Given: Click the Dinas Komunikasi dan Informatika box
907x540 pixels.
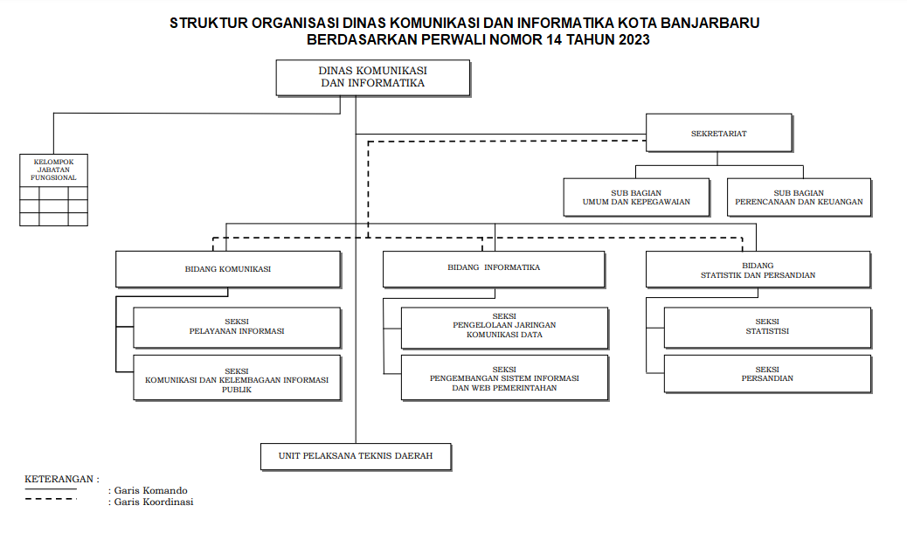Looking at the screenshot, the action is pos(372,78).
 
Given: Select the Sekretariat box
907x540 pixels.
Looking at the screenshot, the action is pos(718,133).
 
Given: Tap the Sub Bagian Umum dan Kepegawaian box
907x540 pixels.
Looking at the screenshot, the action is pos(636,197).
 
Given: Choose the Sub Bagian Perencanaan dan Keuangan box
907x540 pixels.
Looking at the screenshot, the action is pos(799,197).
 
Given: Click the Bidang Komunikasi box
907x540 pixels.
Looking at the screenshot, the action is pos(228,269).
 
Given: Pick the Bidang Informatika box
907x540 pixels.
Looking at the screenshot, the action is pos(494,269).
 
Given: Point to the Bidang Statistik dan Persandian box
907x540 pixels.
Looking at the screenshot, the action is pos(758,269).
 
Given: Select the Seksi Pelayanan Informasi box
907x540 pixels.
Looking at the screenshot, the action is pos(237,328).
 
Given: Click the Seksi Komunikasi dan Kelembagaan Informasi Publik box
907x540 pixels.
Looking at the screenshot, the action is pos(237,377).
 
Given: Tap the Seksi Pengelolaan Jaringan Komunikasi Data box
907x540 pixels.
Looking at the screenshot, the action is pos(504,328).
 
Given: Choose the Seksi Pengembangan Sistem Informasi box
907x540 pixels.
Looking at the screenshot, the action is pos(504,377).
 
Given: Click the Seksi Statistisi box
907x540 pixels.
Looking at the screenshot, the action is pos(767,328).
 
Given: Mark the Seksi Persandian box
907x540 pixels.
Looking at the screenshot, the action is pos(767,373).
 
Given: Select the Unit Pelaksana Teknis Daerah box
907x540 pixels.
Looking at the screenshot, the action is pos(356,456).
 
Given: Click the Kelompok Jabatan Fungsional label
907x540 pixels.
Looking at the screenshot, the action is pos(54,170).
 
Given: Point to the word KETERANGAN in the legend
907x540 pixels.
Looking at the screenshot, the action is pos(59,480).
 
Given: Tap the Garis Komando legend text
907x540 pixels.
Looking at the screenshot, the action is pos(148,490).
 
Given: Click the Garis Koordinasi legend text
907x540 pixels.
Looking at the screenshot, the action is pos(151,502).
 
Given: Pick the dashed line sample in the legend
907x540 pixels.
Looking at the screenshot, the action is pos(51,499).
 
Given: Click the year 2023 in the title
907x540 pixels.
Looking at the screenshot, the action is pos(634,40).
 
